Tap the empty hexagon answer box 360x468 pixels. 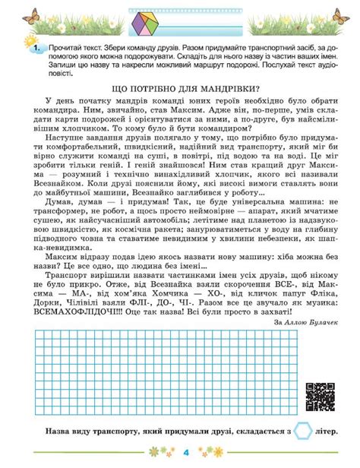[303, 432]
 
